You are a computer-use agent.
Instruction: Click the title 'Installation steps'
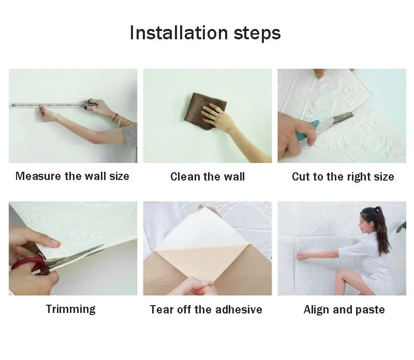click(x=205, y=33)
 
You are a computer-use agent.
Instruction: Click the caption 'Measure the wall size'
click(x=72, y=176)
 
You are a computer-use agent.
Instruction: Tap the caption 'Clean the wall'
click(x=208, y=177)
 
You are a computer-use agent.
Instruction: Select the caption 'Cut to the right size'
click(x=343, y=177)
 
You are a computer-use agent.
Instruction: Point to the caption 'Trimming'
click(x=71, y=309)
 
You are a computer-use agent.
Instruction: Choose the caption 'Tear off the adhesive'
click(x=206, y=310)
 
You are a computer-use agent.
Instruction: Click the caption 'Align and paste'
click(x=344, y=310)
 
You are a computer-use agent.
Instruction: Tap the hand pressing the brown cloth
click(x=214, y=116)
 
